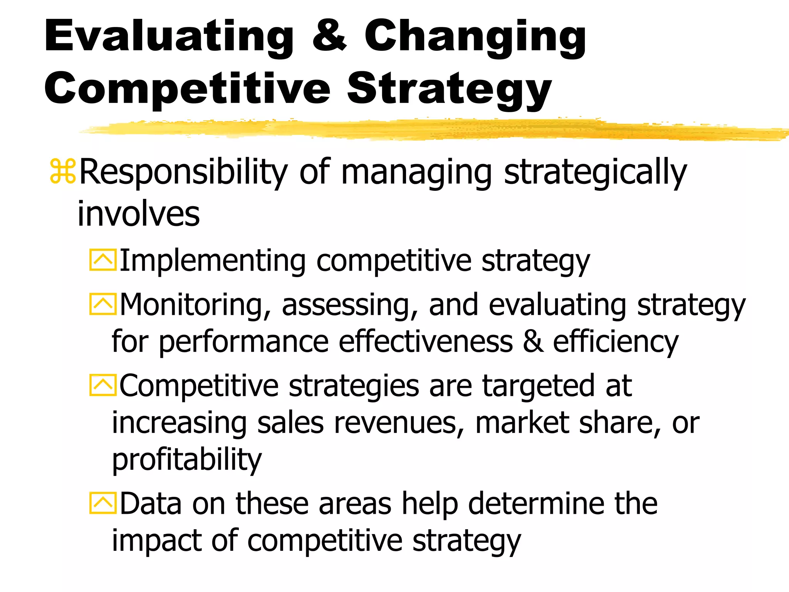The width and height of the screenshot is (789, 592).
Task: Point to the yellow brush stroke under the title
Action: (424, 129)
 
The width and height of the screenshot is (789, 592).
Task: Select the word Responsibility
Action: (183, 172)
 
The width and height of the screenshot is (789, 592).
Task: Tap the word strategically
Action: (595, 172)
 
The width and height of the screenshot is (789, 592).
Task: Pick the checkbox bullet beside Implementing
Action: (102, 260)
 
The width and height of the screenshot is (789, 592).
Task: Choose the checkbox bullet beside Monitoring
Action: (102, 304)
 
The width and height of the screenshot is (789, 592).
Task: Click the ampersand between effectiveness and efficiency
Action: (533, 341)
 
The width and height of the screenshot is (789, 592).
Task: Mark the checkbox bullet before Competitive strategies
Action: (102, 385)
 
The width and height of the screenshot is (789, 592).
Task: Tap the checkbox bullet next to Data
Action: (102, 503)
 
